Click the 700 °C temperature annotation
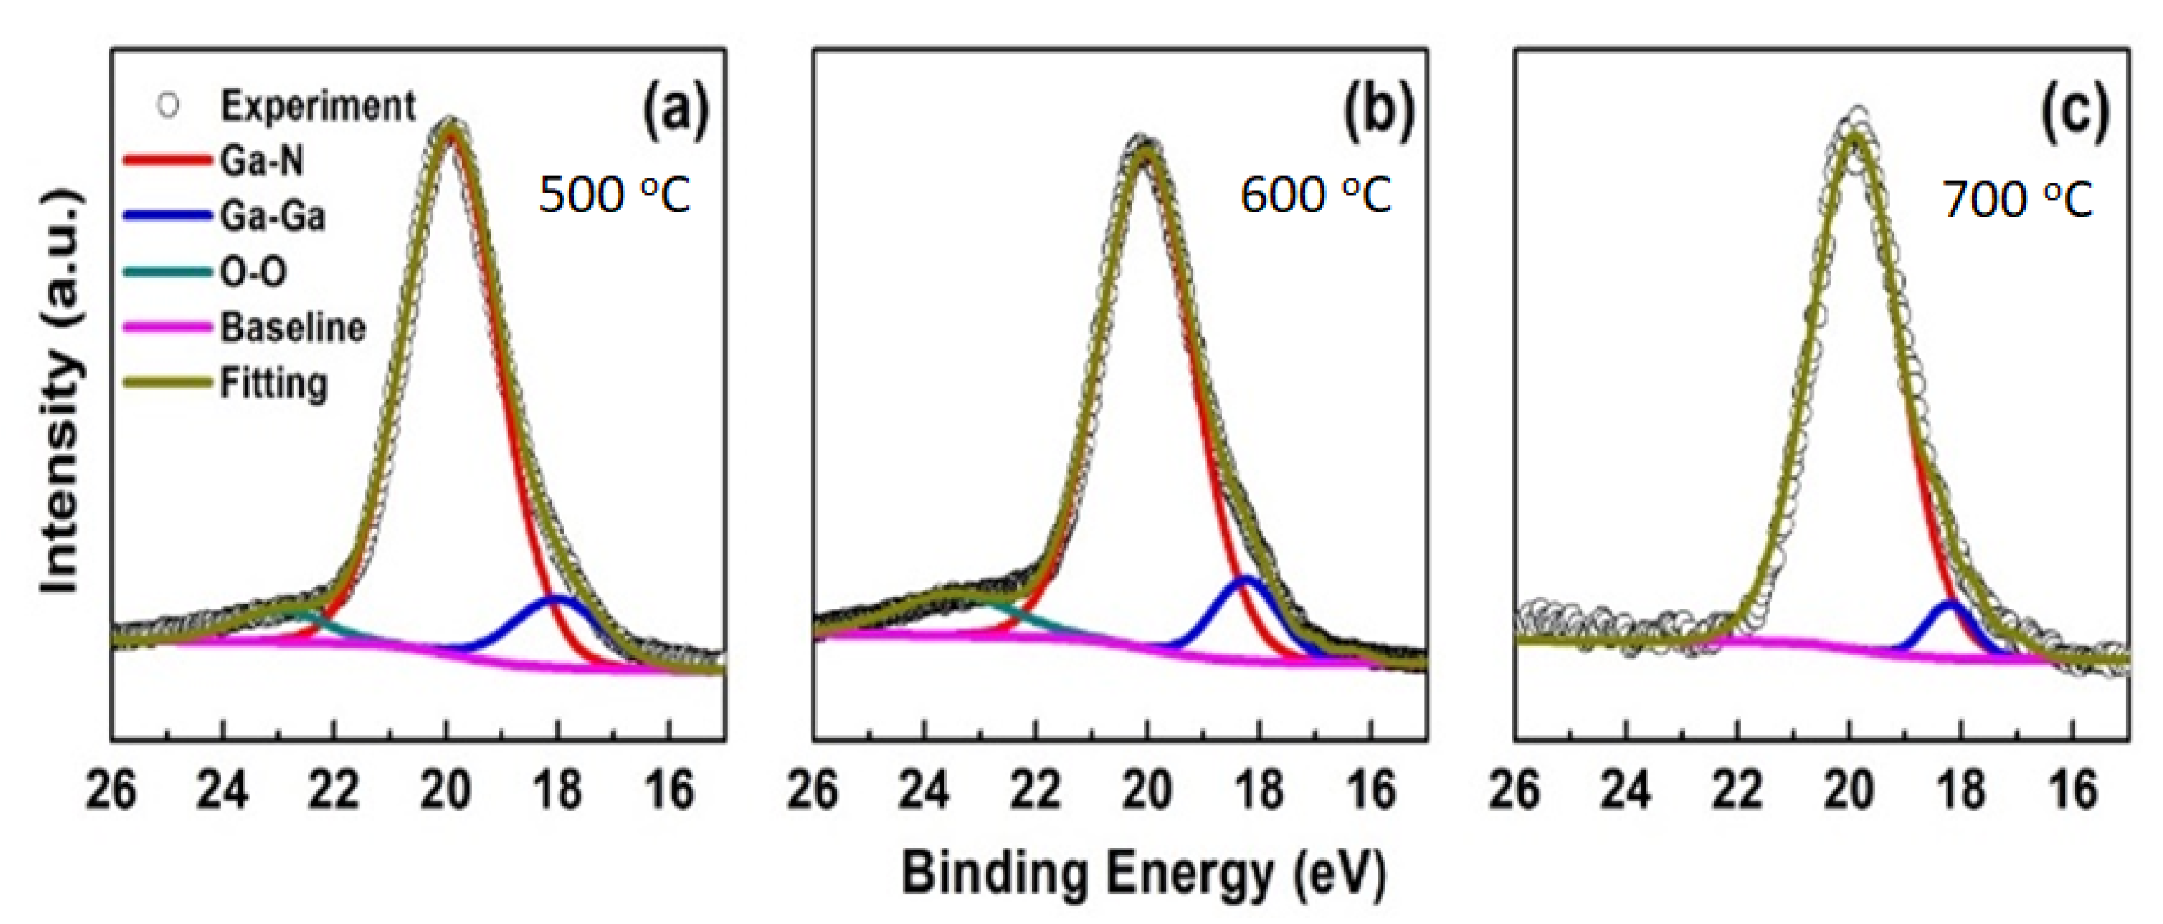2018,201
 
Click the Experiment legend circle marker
169,106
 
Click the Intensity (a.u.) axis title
62,390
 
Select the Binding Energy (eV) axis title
1143,873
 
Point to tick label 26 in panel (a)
111,791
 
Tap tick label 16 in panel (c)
2073,791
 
